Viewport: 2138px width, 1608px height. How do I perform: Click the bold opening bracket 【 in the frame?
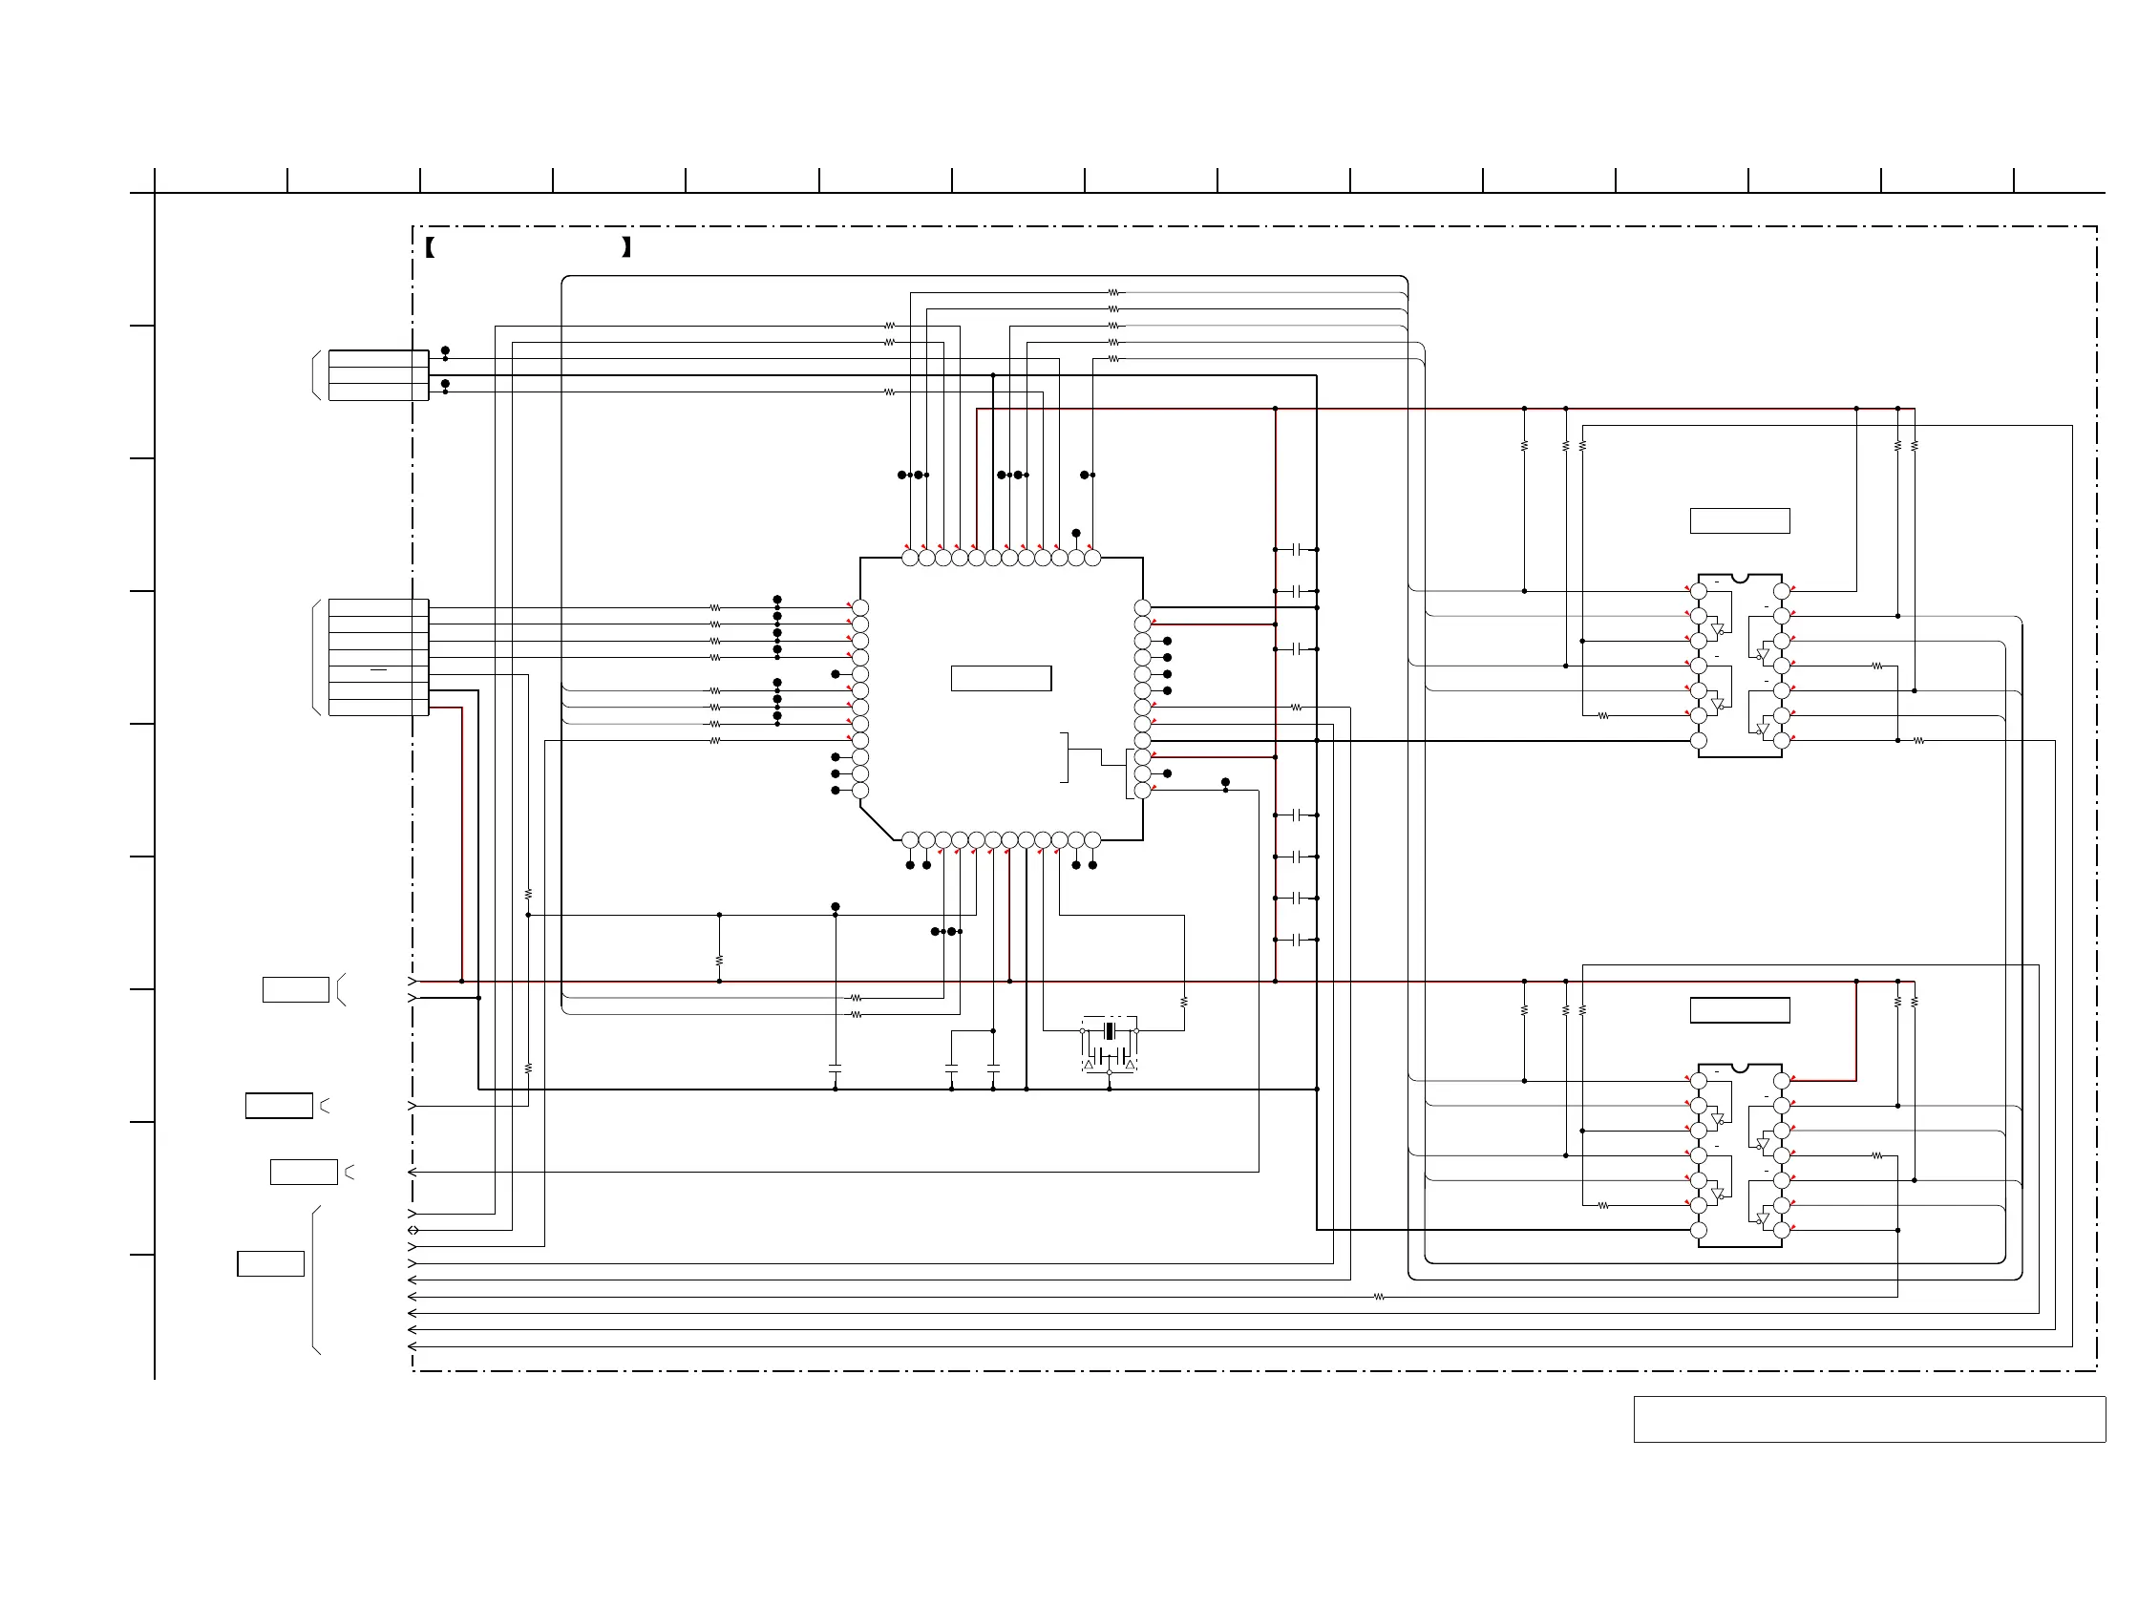(430, 247)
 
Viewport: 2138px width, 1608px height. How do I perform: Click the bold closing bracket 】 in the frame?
(626, 247)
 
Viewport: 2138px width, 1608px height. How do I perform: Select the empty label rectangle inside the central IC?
(1001, 678)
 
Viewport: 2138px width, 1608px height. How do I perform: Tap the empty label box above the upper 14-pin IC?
(1739, 520)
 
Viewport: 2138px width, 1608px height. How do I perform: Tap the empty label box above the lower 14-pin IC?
(1739, 1010)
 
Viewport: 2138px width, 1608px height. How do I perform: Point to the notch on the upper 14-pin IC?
(1740, 579)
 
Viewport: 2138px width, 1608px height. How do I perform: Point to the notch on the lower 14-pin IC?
(1740, 1068)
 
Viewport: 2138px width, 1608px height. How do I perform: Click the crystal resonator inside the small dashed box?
(1110, 1032)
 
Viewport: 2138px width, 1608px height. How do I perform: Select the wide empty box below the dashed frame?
(1869, 1419)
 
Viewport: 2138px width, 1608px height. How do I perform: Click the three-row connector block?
(378, 375)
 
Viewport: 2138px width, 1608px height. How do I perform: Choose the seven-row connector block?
(378, 657)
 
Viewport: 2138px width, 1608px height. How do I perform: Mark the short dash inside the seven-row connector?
(378, 668)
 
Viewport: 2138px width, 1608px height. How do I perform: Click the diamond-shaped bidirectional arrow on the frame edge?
(413, 1230)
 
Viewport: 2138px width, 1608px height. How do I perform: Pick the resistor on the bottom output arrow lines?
(1378, 1297)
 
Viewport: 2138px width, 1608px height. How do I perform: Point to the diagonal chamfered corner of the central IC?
(877, 823)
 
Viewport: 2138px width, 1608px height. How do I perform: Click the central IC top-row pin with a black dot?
(1076, 557)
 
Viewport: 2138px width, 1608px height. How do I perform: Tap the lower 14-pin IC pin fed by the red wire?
(1781, 1080)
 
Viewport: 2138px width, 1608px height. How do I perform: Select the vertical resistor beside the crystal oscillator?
(1184, 1002)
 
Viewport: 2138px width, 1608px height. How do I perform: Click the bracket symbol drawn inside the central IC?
(1065, 757)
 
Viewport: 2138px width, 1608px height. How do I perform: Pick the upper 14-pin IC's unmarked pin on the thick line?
(1698, 741)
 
